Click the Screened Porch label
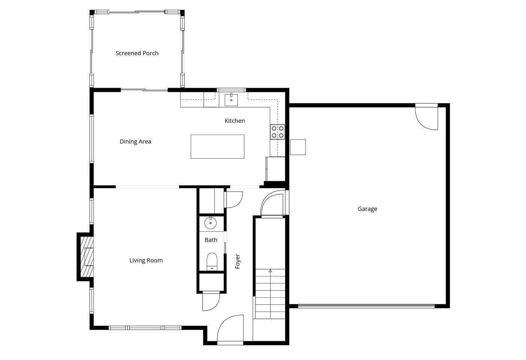[137, 53]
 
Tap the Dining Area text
[135, 141]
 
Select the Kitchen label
[235, 121]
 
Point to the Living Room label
[146, 260]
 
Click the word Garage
[367, 209]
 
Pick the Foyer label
[238, 261]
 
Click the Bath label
[211, 240]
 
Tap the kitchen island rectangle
[217, 147]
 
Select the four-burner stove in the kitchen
[278, 132]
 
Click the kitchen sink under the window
[231, 100]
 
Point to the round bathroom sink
[211, 223]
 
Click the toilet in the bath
[212, 262]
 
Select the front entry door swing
[230, 328]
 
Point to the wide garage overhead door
[366, 306]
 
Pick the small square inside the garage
[298, 147]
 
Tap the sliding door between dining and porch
[144, 90]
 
